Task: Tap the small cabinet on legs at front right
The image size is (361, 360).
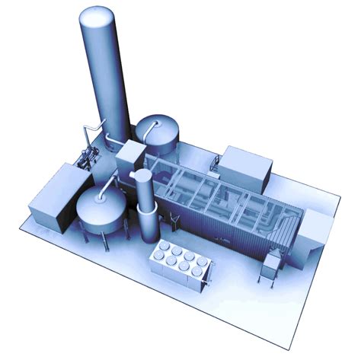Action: pyautogui.click(x=271, y=266)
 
